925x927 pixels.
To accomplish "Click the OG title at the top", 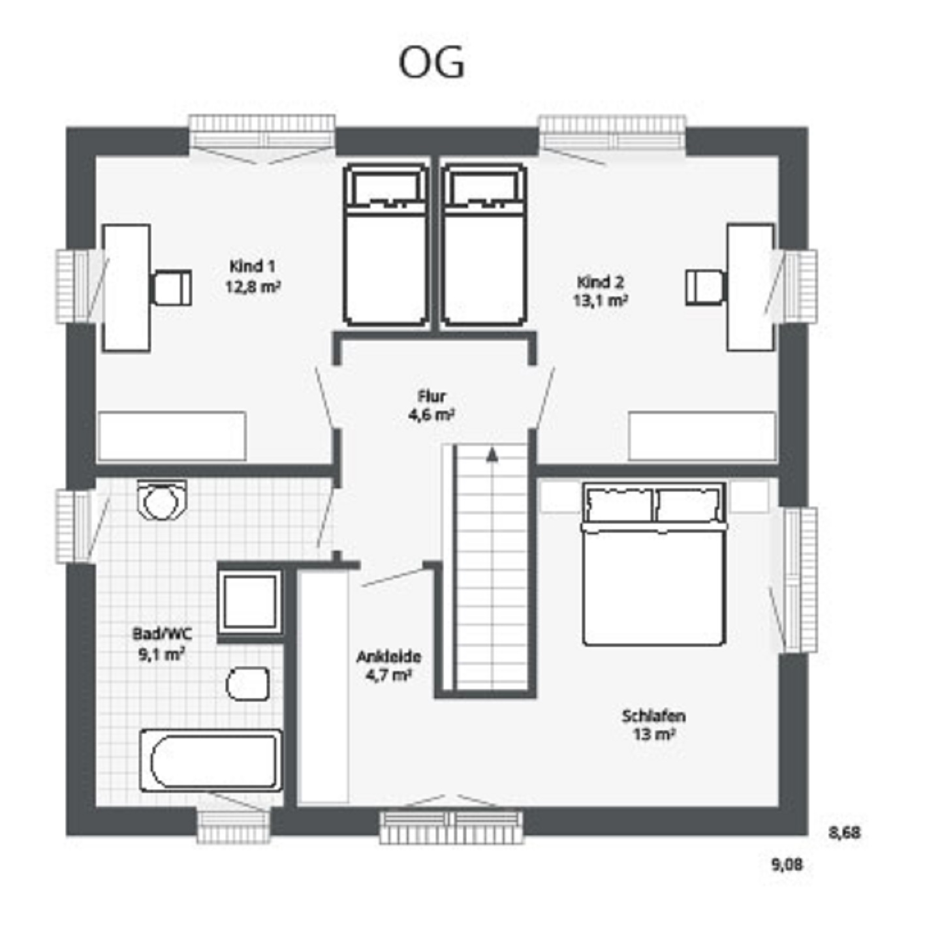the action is click(432, 62).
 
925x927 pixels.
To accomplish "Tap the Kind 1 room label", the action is click(252, 266).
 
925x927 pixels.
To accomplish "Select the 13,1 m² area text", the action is click(600, 300).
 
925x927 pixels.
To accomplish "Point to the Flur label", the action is click(432, 396).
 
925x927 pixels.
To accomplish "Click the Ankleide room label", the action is click(388, 657).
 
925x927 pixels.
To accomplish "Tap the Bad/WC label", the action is click(163, 633).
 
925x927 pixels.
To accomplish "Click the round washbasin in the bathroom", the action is click(161, 500).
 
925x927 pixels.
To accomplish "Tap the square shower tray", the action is click(250, 601).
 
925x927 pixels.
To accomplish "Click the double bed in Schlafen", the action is click(653, 564).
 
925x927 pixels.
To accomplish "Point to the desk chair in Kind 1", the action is click(172, 287).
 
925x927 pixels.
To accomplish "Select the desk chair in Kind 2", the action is click(705, 287).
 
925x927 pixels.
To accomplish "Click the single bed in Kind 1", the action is click(386, 245).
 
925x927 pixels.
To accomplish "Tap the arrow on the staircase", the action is click(492, 455).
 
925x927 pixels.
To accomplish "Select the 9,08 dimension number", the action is click(788, 864).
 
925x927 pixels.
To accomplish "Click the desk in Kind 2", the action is click(751, 287).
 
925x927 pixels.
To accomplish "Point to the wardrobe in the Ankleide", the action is click(322, 686).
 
